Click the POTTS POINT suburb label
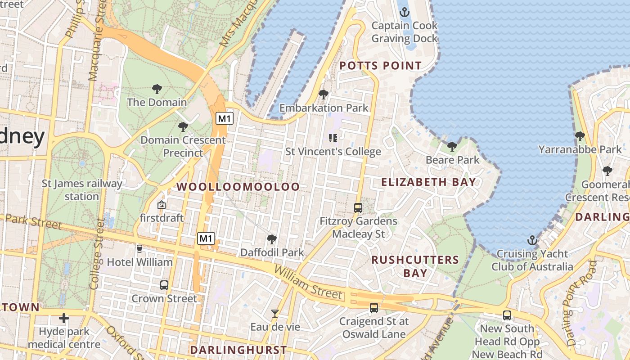380,66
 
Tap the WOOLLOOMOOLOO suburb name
238,187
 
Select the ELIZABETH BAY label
428,182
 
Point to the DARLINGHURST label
238,350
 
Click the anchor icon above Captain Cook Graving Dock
404,12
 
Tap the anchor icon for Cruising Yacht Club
532,240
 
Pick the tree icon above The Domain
157,89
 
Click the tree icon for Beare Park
452,146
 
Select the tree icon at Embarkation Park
323,94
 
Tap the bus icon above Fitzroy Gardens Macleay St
358,207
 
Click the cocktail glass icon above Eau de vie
275,313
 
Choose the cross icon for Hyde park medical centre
64,318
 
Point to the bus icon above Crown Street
164,285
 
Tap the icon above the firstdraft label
161,205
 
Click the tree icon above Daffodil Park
271,239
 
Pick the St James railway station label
82,190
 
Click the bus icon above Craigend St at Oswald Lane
373,308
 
